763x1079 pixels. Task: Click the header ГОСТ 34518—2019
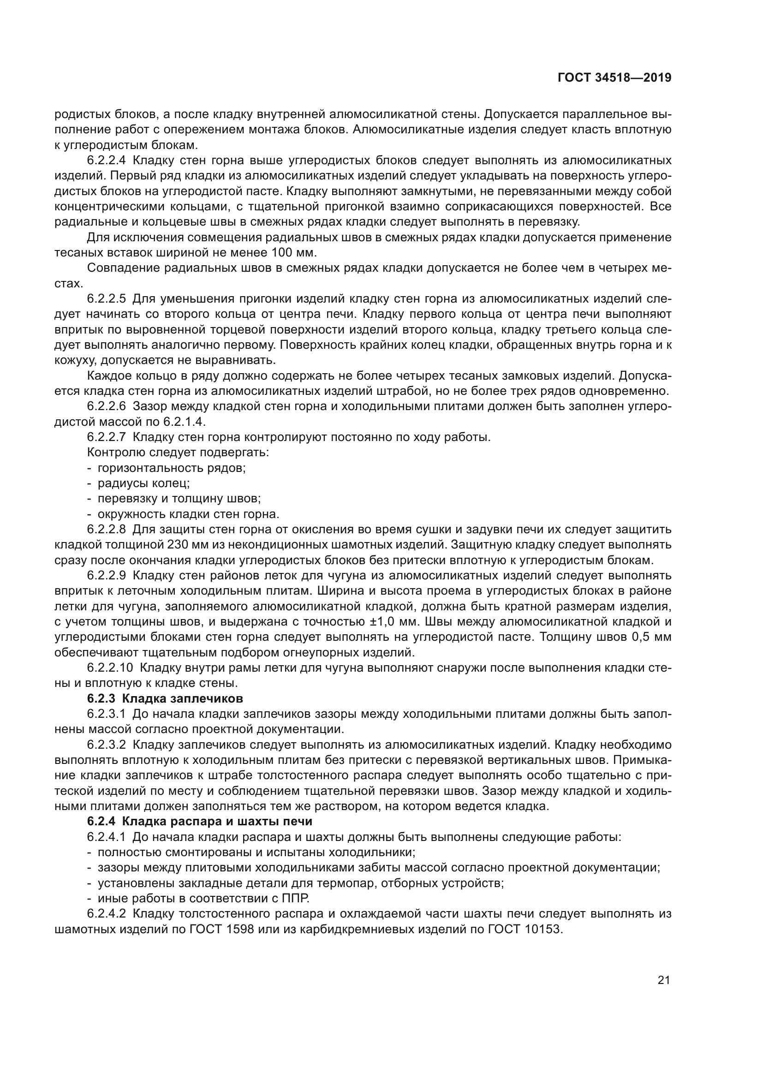(614, 78)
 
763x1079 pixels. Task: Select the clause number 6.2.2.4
(106, 161)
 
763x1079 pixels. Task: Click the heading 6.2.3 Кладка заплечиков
(165, 699)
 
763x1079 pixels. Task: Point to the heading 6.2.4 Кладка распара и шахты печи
(200, 822)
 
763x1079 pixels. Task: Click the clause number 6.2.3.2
(106, 745)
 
